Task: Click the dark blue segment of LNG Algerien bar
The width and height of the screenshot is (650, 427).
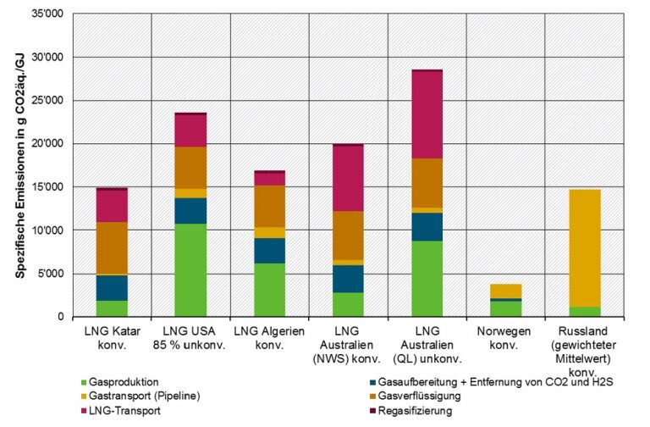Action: pos(269,251)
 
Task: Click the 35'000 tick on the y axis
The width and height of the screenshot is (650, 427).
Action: pos(52,14)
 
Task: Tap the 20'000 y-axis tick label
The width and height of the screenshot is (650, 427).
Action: pos(52,144)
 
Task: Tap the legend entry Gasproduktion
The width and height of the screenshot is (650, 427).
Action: pos(124,381)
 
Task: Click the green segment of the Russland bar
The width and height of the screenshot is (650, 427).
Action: pos(584,312)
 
